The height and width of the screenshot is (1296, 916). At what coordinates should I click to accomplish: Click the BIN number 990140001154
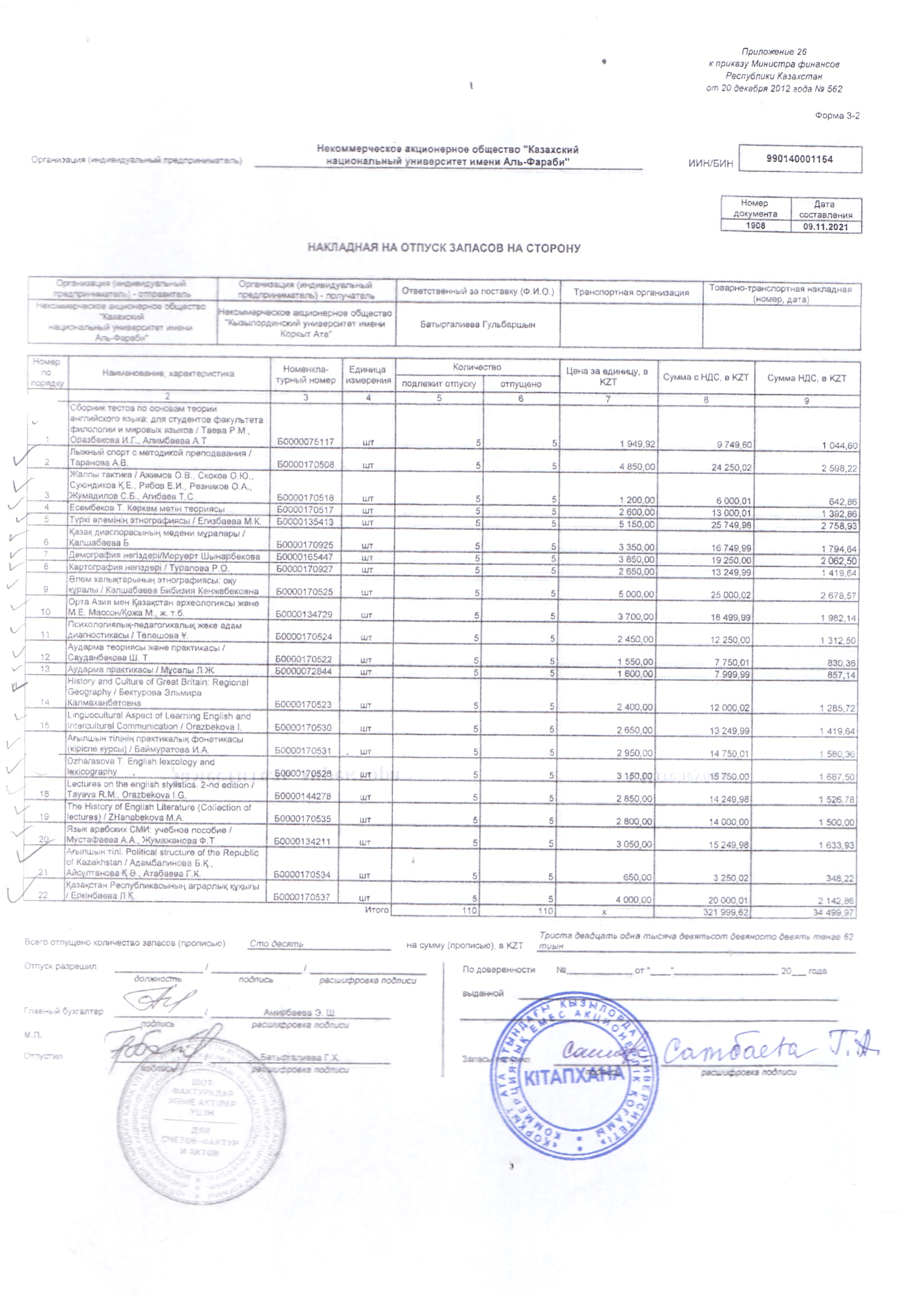point(799,159)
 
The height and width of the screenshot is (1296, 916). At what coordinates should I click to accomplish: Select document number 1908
point(756,226)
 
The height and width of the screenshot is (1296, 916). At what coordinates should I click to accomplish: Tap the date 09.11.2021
point(826,227)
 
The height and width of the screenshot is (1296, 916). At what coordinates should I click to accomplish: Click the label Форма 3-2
point(837,116)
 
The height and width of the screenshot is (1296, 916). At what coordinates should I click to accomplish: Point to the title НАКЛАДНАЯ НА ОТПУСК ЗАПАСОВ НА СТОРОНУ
point(443,248)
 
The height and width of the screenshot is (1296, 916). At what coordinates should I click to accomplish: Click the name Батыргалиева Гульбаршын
point(477,324)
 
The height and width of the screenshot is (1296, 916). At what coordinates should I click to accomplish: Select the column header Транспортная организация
point(631,293)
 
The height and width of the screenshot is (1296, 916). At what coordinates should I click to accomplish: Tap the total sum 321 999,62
point(727,911)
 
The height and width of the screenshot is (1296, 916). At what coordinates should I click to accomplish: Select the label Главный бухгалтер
point(64,1012)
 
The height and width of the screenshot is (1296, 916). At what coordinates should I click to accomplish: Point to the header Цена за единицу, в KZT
point(607,376)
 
